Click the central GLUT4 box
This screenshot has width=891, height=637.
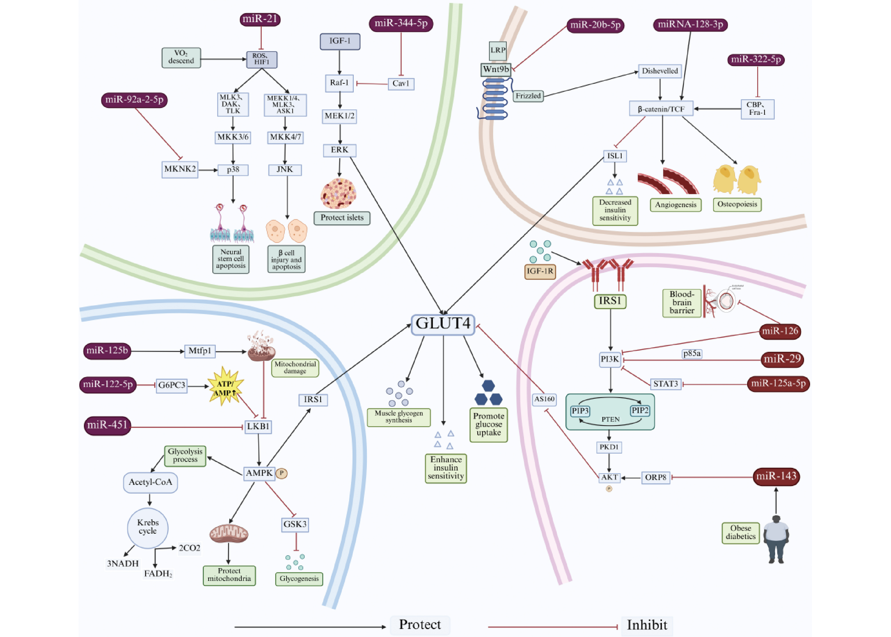coord(443,324)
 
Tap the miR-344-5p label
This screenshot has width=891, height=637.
coord(401,23)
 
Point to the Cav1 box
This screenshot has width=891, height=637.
coord(401,84)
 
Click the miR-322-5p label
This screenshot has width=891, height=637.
coord(756,60)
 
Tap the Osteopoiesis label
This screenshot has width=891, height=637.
coord(737,204)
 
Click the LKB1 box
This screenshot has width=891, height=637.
coord(258,427)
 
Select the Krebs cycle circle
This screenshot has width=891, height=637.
coord(148,527)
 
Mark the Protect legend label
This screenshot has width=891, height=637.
coord(420,624)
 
